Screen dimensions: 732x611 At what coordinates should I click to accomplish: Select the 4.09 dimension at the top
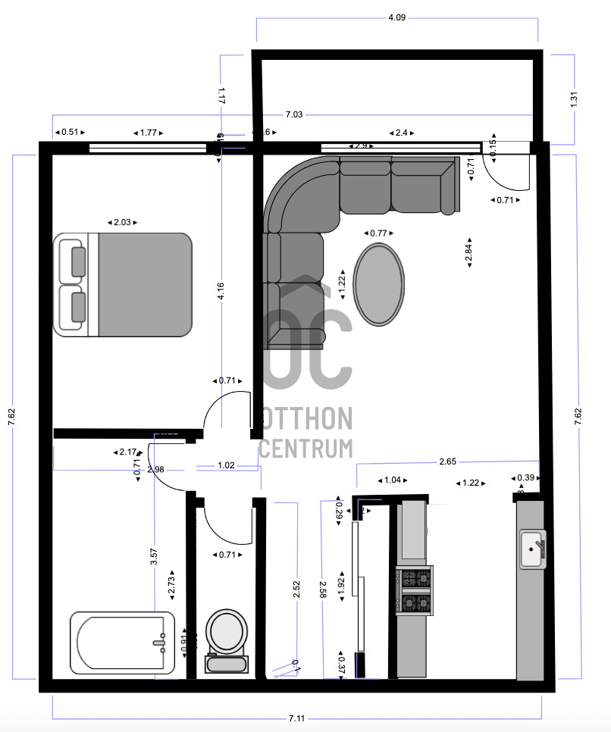(x=396, y=17)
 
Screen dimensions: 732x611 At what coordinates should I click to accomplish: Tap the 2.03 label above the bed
(x=122, y=222)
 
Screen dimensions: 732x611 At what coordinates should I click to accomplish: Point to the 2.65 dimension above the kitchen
(x=447, y=460)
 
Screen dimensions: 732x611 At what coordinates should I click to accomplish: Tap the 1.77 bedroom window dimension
(x=148, y=133)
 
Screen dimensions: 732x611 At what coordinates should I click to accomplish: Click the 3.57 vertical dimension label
(x=154, y=556)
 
